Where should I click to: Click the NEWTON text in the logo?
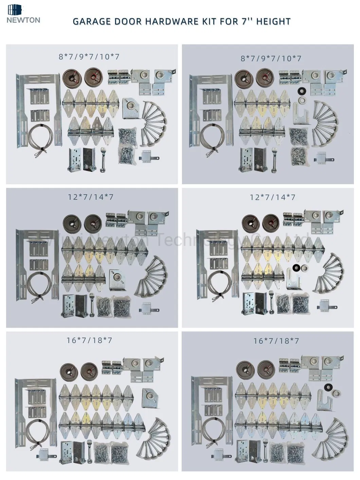(23, 20)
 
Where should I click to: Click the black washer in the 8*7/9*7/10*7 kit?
(301, 91)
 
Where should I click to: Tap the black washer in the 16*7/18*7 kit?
(328, 386)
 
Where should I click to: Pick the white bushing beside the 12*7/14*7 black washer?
(305, 268)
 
